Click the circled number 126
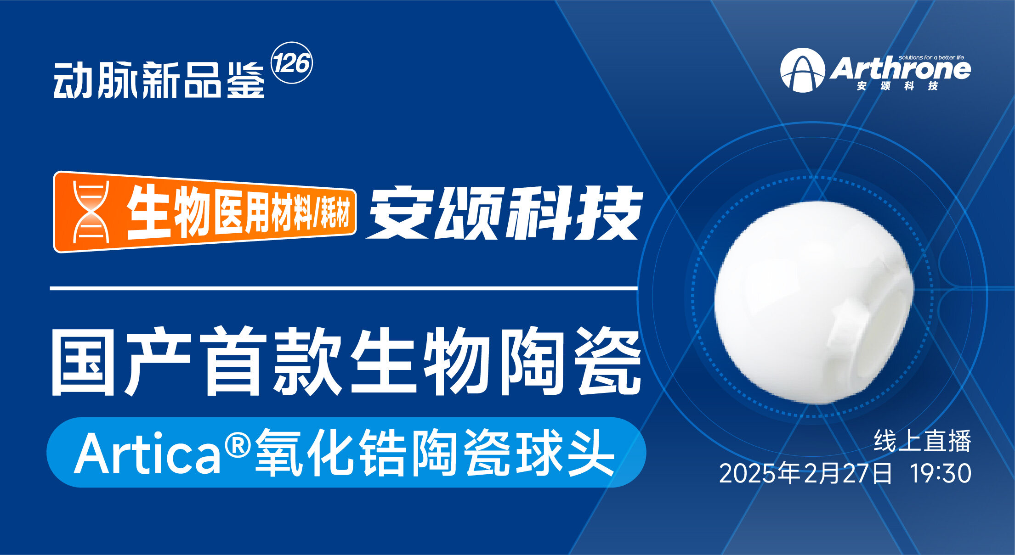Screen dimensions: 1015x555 pyautogui.click(x=292, y=63)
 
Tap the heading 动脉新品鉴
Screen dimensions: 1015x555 pyautogui.click(x=159, y=80)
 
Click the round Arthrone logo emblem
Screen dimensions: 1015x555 pyautogui.click(x=802, y=70)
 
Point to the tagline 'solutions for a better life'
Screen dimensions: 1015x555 pyautogui.click(x=931, y=57)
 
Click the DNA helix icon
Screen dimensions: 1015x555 pyautogui.click(x=91, y=212)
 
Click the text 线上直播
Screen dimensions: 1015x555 pyautogui.click(x=922, y=441)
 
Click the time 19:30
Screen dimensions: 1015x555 pyautogui.click(x=941, y=473)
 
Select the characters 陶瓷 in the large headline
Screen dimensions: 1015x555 pyautogui.click(x=570, y=361)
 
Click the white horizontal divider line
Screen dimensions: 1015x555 pyautogui.click(x=344, y=288)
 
